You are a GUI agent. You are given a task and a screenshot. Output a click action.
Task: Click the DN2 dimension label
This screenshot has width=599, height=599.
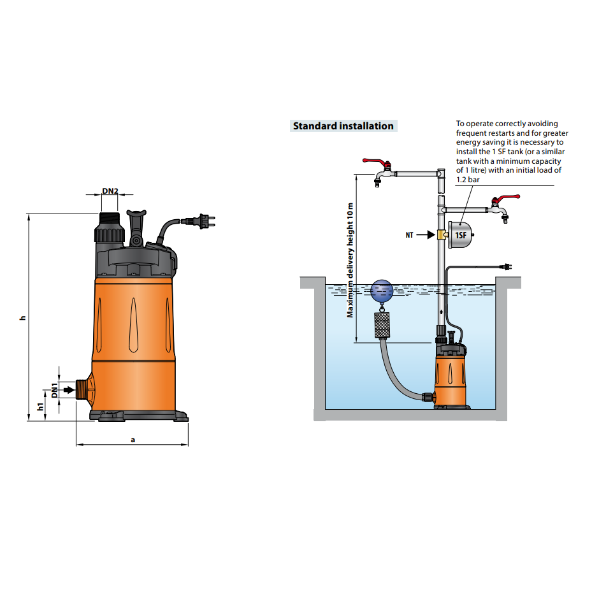(110, 191)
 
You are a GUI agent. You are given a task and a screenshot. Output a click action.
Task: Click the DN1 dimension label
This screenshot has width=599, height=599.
(55, 390)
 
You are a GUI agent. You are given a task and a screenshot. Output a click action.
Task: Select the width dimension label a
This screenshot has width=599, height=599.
(133, 439)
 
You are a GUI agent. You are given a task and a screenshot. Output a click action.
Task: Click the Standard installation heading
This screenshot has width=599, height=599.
(343, 126)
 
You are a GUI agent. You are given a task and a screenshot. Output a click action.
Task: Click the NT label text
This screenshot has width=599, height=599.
(409, 235)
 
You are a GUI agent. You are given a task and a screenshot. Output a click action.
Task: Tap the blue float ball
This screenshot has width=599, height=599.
(383, 292)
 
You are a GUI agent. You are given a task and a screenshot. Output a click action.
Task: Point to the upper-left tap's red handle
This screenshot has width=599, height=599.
(375, 162)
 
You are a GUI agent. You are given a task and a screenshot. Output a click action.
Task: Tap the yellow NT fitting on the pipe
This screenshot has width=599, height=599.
(441, 235)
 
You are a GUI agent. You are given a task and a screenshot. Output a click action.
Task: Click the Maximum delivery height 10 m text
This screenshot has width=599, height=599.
(350, 261)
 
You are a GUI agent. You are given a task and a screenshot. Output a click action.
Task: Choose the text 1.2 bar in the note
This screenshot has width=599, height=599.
(468, 180)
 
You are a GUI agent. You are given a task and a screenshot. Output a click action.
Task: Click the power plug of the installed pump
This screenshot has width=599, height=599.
(508, 268)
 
